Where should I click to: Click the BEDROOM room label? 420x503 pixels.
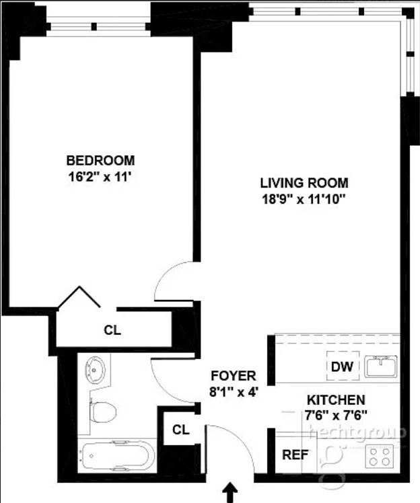tap(100, 161)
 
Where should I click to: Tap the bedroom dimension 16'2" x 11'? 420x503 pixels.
tap(100, 177)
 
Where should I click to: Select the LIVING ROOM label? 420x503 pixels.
tap(304, 182)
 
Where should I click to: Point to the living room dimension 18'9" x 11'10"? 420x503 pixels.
tap(304, 198)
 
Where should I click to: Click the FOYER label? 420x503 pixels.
tap(233, 376)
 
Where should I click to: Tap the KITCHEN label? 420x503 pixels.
tap(336, 399)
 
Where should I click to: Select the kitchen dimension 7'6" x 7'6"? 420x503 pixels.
tap(336, 415)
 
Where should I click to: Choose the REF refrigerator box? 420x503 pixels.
tap(294, 455)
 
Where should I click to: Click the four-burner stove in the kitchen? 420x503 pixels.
tap(379, 457)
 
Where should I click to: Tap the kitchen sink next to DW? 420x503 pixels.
tap(380, 366)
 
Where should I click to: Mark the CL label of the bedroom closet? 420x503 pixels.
tap(112, 330)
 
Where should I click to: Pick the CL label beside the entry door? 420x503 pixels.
tap(180, 429)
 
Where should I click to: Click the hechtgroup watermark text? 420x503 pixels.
tap(370, 432)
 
